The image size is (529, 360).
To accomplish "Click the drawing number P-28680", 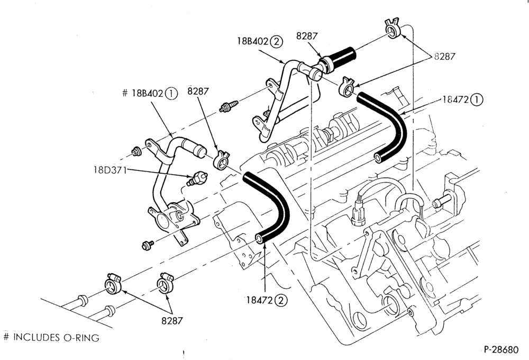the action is (501, 349).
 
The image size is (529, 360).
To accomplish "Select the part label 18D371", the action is (110, 169).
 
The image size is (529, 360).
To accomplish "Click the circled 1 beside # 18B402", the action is (171, 93).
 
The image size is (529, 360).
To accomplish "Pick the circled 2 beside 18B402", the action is (277, 41).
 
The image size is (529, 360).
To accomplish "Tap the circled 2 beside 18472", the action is (281, 300).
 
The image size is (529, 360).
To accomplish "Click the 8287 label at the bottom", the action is (172, 320).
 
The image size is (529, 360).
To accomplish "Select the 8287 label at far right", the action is (445, 57).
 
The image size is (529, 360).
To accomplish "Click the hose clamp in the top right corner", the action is (392, 29).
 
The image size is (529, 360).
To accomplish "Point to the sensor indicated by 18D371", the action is (197, 178).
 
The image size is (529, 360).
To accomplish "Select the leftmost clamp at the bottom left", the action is (113, 284).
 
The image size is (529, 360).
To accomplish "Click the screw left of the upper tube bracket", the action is (229, 106).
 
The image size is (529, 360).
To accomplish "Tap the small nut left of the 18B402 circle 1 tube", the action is (136, 151).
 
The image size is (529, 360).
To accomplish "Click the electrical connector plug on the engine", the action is (358, 213).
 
